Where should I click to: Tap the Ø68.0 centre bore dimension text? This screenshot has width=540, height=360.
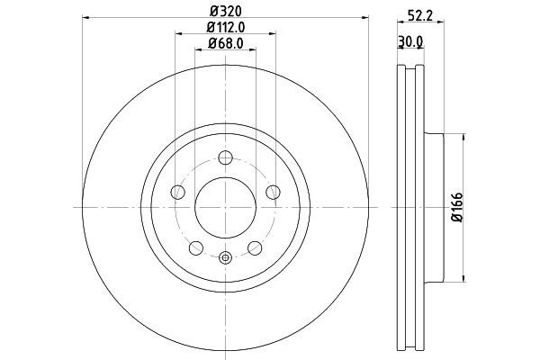(x=226, y=42)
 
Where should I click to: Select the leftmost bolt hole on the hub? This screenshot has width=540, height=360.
(x=178, y=192)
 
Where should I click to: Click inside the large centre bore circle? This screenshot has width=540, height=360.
(x=226, y=208)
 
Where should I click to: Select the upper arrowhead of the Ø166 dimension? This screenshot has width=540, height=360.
(x=463, y=137)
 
